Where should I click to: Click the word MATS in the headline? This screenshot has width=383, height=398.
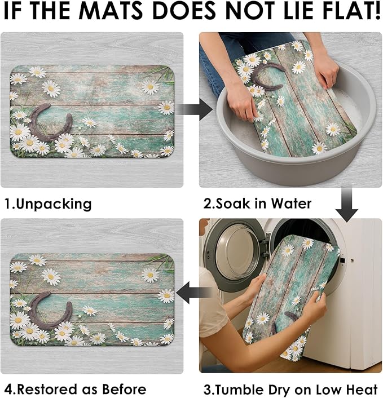(115, 11)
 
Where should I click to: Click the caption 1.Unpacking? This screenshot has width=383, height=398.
(48, 204)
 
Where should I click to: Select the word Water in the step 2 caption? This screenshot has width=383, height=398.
(291, 204)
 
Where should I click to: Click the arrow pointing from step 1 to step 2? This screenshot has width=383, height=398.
(194, 109)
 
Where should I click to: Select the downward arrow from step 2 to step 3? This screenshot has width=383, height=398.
(346, 205)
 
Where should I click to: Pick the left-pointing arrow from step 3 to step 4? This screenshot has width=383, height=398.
(194, 292)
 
